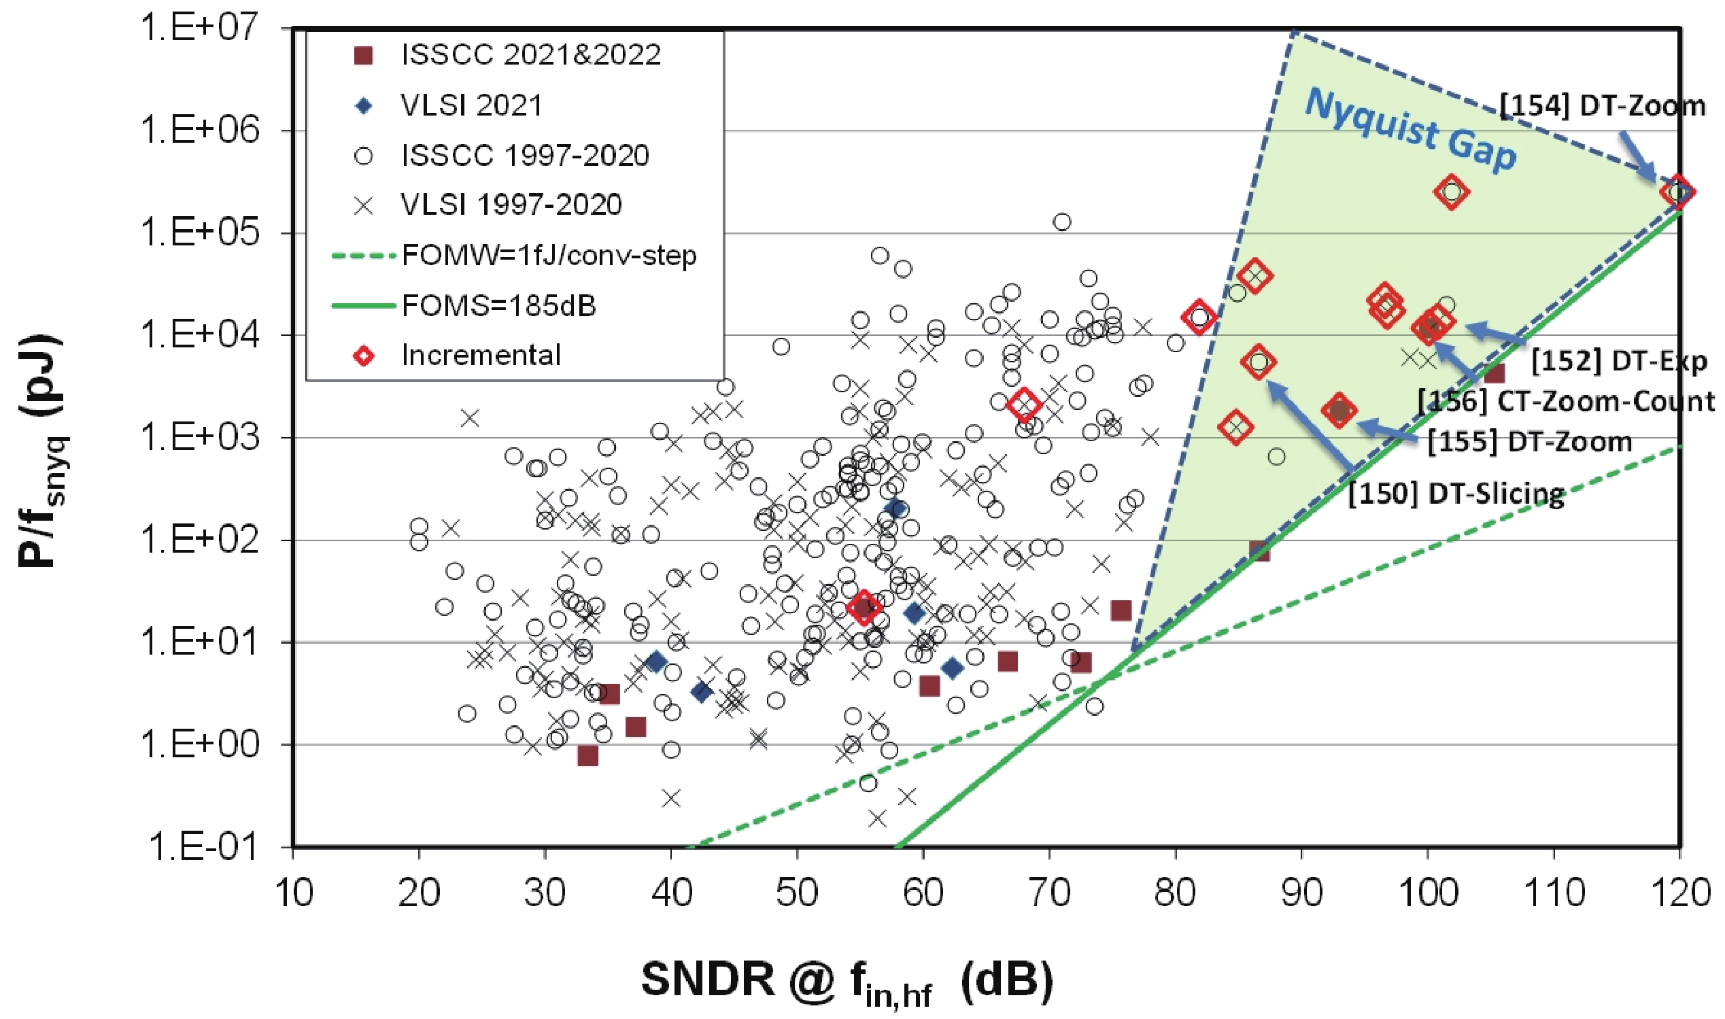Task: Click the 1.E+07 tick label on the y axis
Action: tap(199, 29)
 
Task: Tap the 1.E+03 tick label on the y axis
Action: tap(199, 437)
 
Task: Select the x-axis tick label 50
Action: tap(797, 893)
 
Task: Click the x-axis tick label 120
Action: tap(1679, 893)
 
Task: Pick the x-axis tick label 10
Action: tap(294, 893)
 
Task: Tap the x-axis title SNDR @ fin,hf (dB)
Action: tap(847, 981)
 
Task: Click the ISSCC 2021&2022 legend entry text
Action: tap(531, 55)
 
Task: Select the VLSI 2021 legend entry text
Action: tap(472, 105)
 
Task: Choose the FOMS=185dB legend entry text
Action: tap(498, 305)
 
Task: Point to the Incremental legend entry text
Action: tap(481, 355)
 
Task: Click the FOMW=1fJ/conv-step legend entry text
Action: tap(549, 256)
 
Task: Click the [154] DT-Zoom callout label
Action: tap(1601, 106)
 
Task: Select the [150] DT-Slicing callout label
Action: tap(1456, 494)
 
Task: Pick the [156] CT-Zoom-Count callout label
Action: tap(1566, 402)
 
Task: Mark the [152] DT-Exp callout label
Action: tap(1619, 361)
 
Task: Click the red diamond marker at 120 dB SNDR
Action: tap(1677, 192)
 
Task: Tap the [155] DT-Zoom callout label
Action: tap(1529, 441)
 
